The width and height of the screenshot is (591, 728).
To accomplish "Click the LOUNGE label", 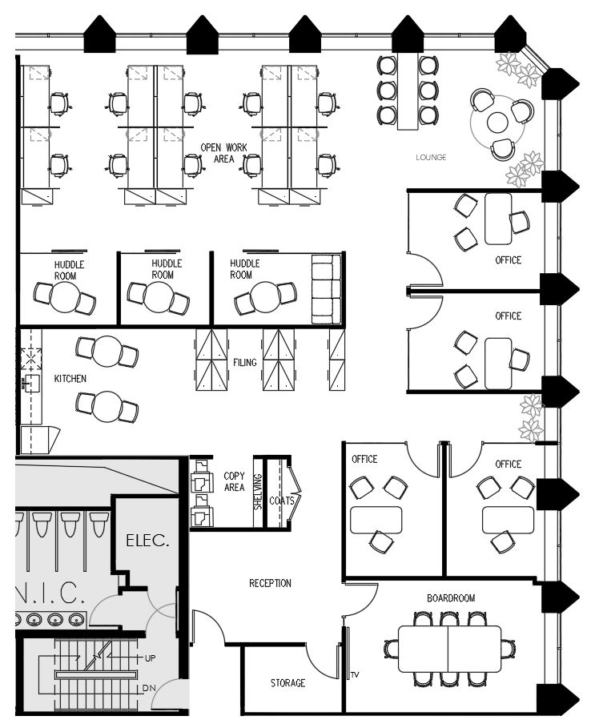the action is point(431,157).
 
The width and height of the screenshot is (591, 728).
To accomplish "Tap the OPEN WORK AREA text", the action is point(221,153).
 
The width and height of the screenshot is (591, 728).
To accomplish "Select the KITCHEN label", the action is point(70,378).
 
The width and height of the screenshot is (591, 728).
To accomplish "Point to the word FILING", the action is point(245,363).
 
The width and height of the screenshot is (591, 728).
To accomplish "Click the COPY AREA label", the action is point(234,481).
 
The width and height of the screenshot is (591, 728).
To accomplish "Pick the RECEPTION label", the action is point(270,583).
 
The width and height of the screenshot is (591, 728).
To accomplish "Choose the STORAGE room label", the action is point(287,683).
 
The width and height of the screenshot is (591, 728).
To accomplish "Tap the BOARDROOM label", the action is point(451,598).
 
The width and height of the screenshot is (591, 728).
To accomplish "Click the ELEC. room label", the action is point(147,541).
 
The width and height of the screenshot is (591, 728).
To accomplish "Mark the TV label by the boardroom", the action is point(354,675).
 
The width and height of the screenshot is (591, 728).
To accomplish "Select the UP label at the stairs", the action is point(150,658).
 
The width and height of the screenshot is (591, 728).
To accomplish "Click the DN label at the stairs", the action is point(149,687).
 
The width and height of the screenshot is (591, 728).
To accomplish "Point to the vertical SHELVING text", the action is point(258,492).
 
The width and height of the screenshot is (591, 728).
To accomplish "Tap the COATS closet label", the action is point(277,501).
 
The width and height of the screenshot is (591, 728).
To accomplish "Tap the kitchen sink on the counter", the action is point(31,382).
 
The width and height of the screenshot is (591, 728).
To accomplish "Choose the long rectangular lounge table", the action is point(408,91).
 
